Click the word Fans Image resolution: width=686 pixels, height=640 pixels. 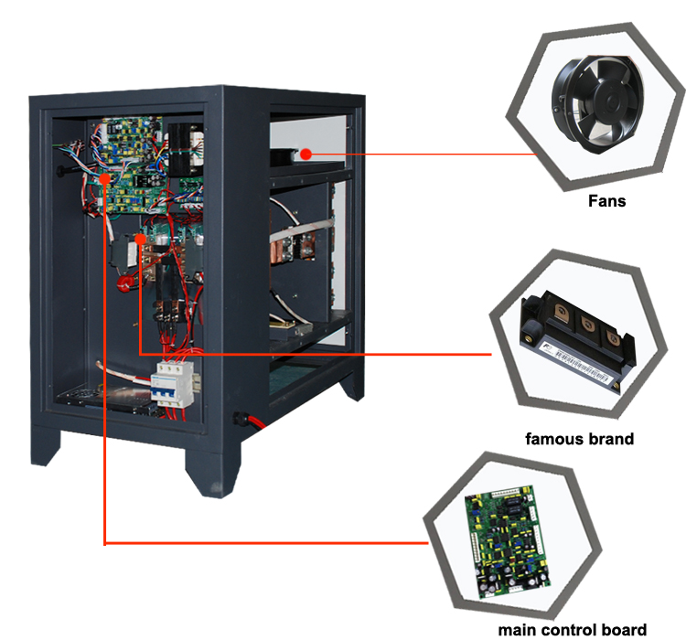(606, 200)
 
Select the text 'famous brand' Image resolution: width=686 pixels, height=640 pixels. (579, 439)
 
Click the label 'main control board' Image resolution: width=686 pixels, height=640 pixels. (572, 629)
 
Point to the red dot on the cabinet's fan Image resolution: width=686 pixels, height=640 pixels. (307, 154)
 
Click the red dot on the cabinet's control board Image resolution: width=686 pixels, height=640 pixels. (107, 179)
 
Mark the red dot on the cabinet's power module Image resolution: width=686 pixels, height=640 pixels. (139, 240)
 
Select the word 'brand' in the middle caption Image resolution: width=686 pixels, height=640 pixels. (608, 439)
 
